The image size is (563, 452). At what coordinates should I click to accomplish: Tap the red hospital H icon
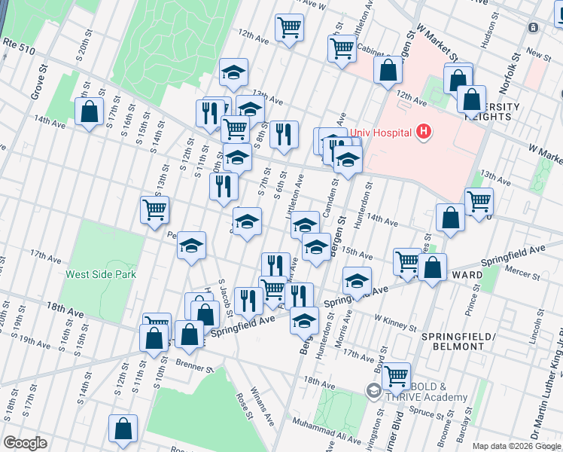click(424, 133)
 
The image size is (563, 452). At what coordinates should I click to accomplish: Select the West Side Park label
click(101, 275)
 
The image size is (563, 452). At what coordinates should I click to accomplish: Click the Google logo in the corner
click(26, 442)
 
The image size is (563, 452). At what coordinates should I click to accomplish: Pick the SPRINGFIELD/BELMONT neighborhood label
click(452, 341)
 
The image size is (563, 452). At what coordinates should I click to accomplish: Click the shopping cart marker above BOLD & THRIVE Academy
click(396, 374)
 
